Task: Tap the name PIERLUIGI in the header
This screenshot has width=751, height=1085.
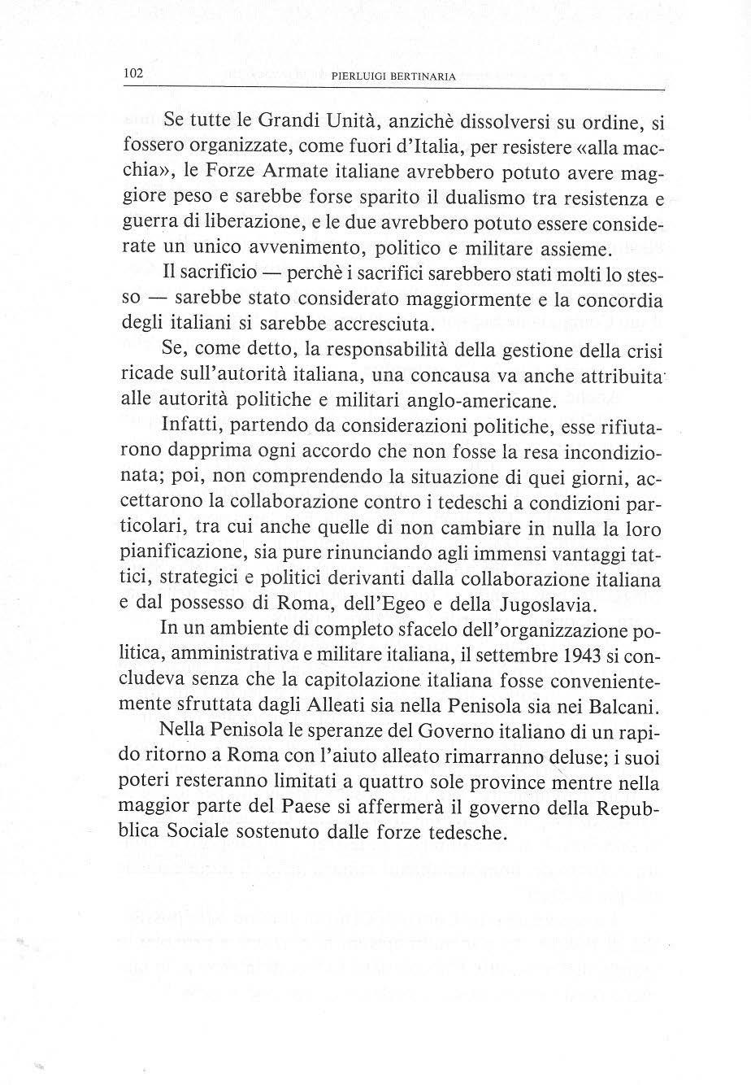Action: (x=361, y=77)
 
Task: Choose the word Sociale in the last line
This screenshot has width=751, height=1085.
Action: (x=188, y=834)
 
